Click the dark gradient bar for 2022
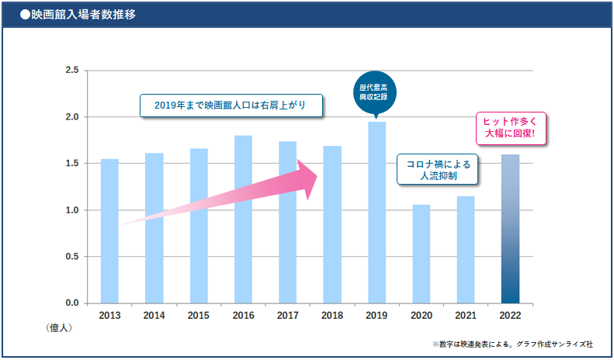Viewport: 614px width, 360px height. click(510, 229)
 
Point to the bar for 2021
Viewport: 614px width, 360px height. click(466, 249)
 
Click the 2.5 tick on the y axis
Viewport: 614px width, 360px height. click(72, 71)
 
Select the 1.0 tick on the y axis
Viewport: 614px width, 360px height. click(72, 210)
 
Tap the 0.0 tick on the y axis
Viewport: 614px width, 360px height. click(72, 303)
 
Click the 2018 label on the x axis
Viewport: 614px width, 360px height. click(332, 316)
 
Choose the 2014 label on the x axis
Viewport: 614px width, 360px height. click(154, 316)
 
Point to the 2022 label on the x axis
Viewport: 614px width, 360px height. click(510, 316)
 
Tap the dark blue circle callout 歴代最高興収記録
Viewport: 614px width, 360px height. click(376, 92)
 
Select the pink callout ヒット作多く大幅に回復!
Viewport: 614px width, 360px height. click(510, 127)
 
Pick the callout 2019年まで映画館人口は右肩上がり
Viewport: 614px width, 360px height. click(231, 106)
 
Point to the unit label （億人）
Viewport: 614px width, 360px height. click(59, 328)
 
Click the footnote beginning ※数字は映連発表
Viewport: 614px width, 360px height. click(512, 343)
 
